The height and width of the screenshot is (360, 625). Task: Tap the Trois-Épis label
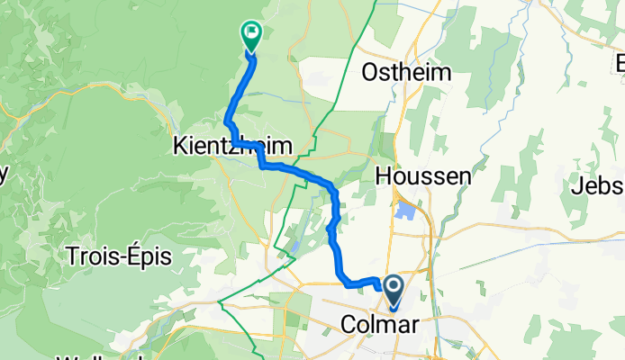[x=118, y=256]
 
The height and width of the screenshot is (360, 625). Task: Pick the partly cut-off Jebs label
[x=598, y=187]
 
